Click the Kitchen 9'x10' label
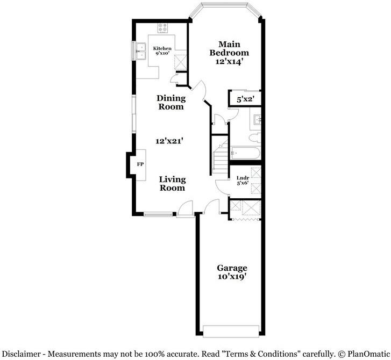162,51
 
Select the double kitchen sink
142,52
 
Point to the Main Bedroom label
229,53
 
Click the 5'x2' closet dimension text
245,99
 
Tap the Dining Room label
170,102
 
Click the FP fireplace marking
140,164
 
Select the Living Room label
172,183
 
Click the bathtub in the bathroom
245,154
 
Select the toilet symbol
255,138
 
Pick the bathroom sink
257,119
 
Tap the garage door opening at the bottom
232,329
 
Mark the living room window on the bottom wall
160,214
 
